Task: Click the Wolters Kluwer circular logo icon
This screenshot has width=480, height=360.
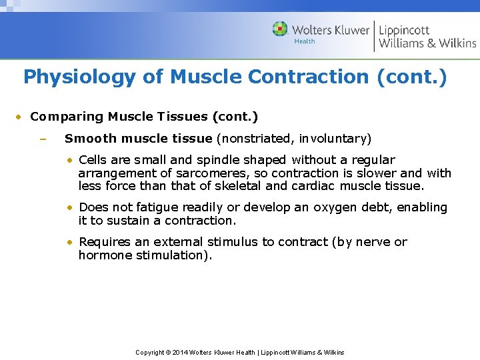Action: tap(280, 29)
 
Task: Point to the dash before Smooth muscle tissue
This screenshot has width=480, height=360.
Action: tap(41, 139)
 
